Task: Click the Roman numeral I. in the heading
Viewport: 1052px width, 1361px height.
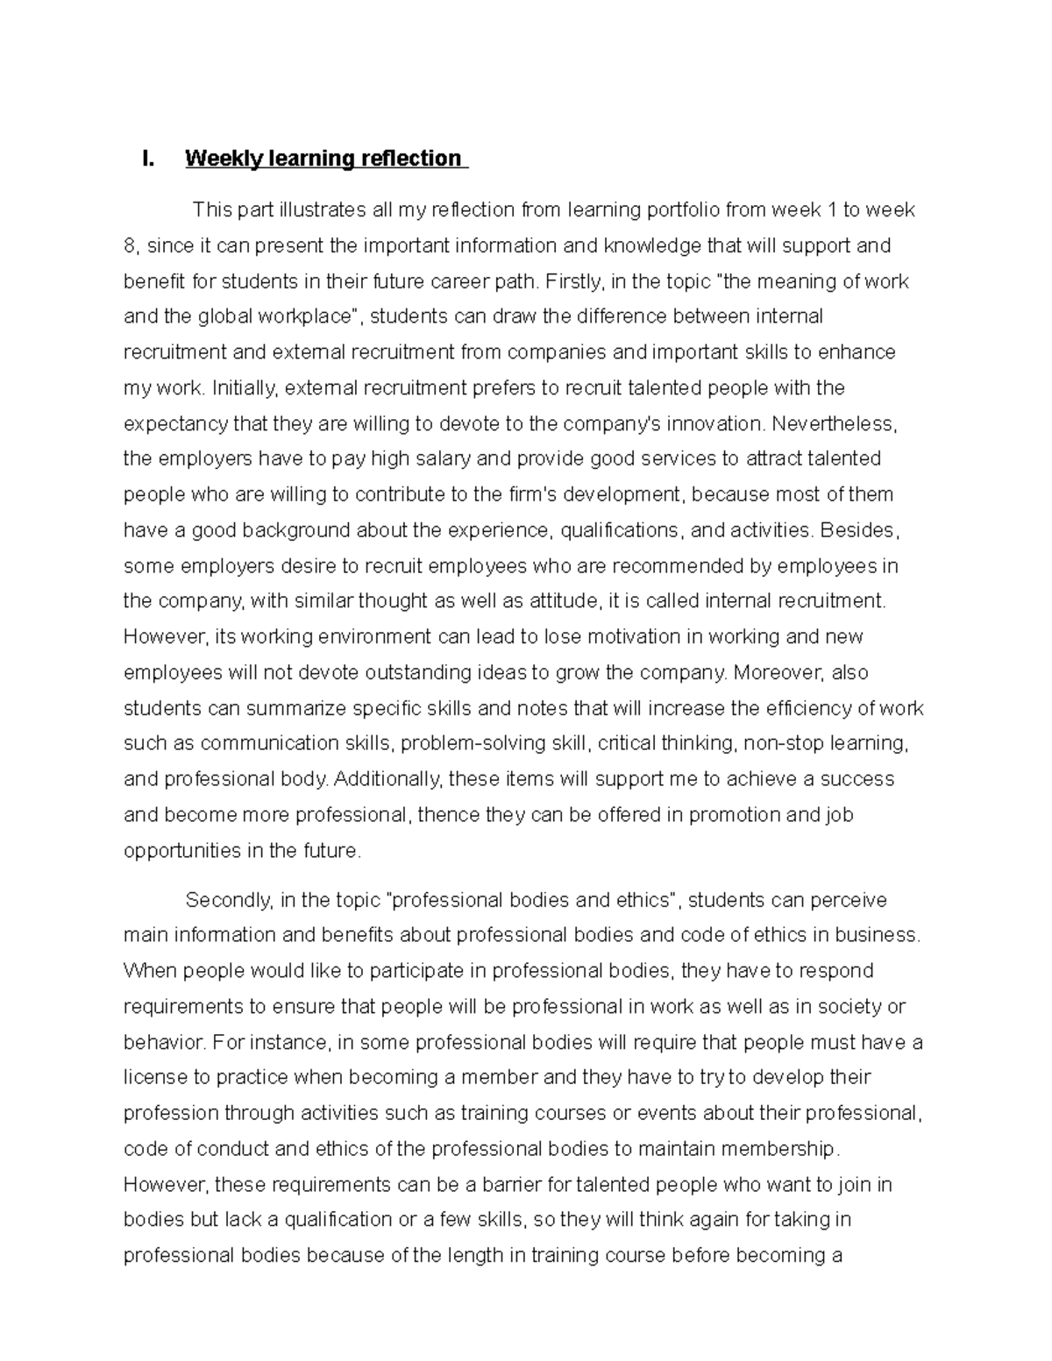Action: [x=147, y=159]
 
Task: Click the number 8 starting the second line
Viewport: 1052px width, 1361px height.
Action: [x=130, y=246]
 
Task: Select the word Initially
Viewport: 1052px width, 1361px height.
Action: [x=245, y=388]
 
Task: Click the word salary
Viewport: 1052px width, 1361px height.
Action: [x=443, y=459]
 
